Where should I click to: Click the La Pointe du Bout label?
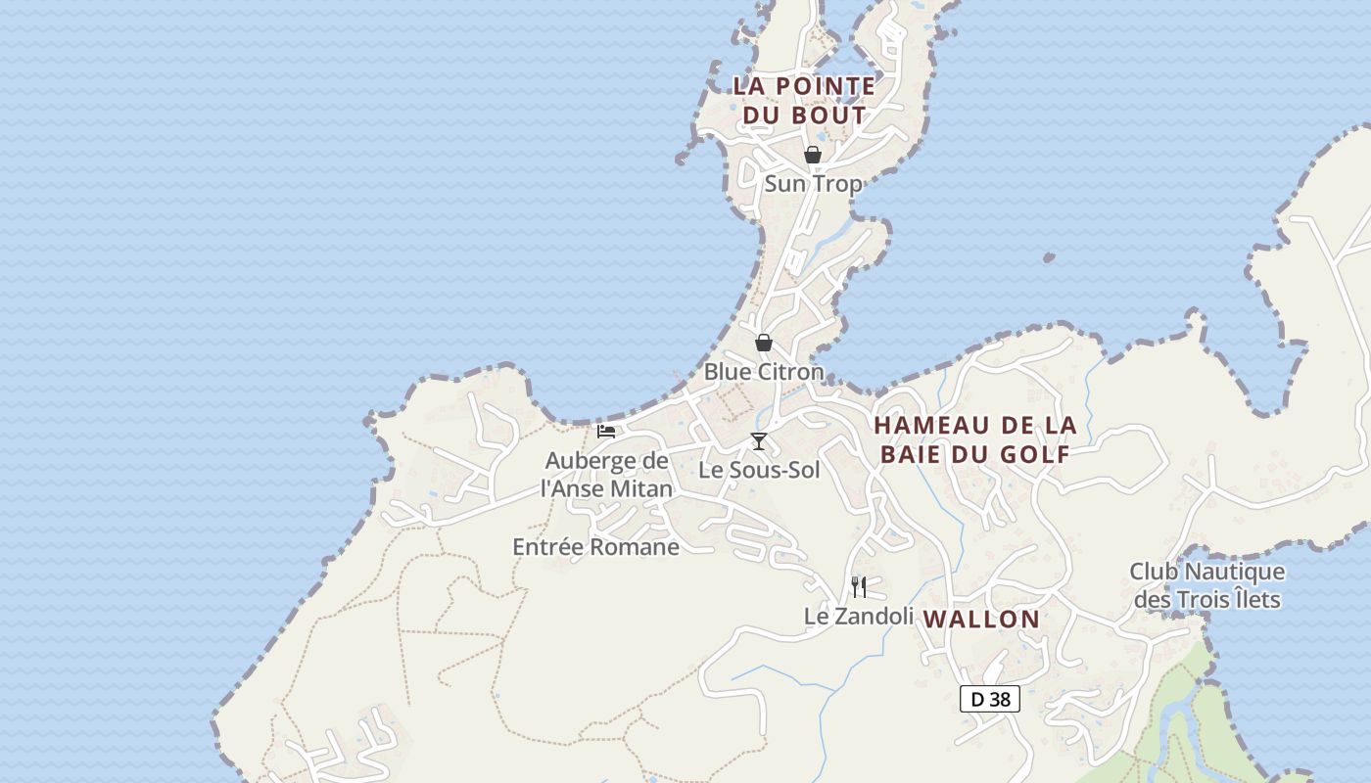[804, 100]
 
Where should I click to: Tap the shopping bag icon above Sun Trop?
[812, 155]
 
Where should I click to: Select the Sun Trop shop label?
[813, 183]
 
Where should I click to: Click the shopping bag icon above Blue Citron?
[763, 343]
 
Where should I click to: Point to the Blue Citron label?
[764, 372]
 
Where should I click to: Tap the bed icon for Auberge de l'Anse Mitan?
[606, 431]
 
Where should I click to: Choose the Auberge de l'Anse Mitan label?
[607, 475]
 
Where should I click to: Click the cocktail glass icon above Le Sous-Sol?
[758, 441]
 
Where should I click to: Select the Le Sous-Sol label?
[759, 470]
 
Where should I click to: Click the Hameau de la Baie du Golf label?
[975, 439]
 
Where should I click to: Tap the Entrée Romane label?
[595, 547]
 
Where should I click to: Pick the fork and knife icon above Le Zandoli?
[858, 586]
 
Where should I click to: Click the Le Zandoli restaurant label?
[859, 616]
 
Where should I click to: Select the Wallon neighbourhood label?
[981, 619]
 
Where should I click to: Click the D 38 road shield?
[990, 699]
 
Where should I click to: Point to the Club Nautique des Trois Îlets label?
[1206, 584]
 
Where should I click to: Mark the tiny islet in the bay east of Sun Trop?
[1049, 258]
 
